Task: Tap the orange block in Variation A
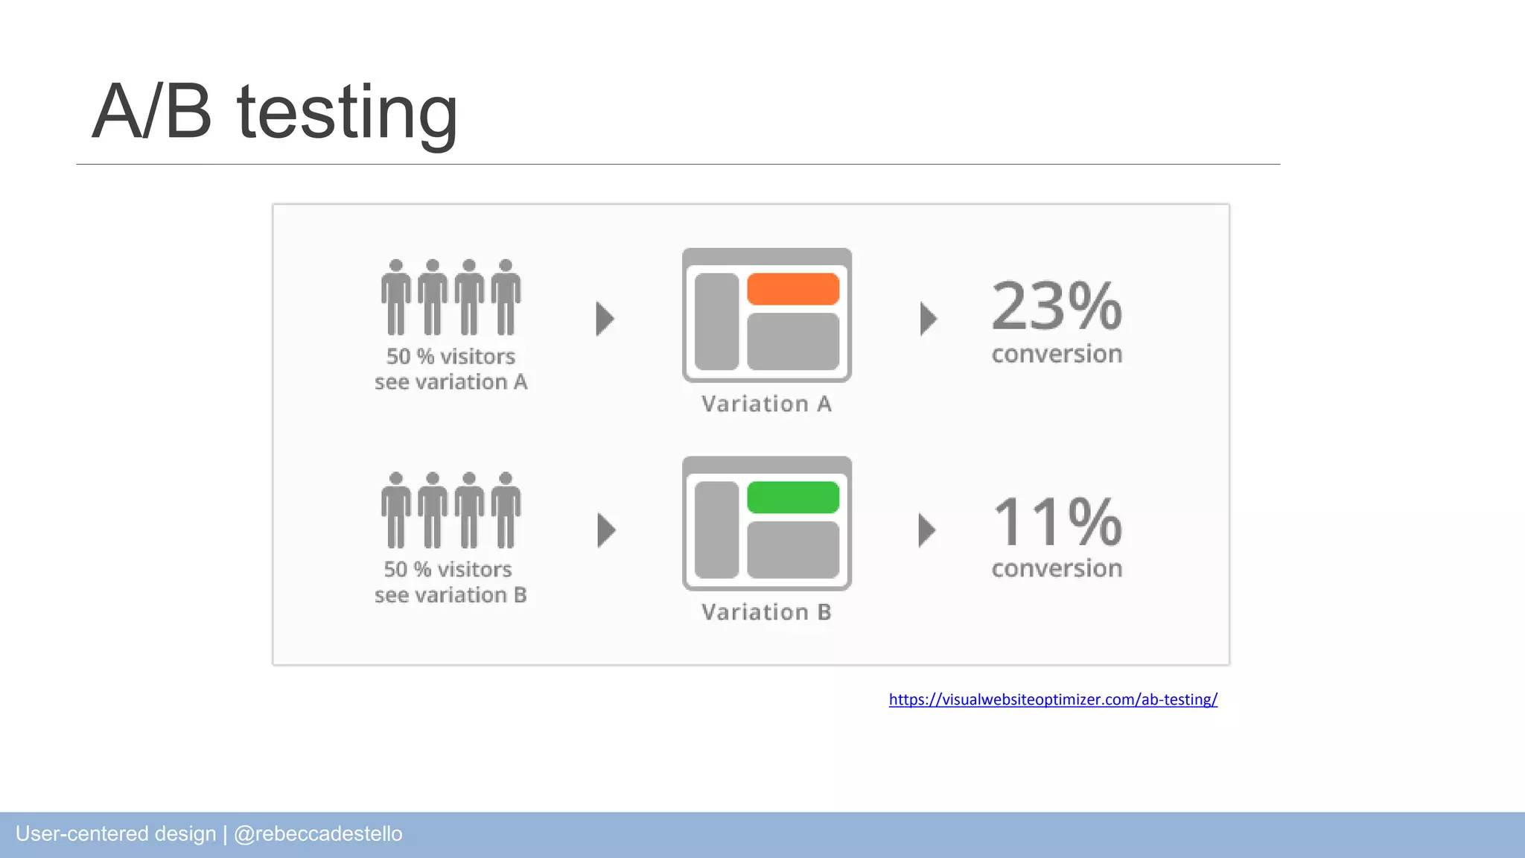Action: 793,289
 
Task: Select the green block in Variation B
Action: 793,498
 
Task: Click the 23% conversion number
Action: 1057,306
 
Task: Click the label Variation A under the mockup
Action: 766,404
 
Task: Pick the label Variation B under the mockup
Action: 766,612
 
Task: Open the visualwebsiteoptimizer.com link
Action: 1053,699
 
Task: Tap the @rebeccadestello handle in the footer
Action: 318,834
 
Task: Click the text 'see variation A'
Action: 451,382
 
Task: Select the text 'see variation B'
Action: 451,595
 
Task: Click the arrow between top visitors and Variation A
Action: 605,319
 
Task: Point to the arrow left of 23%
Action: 928,319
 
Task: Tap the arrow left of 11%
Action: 926,530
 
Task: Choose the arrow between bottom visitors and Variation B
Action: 607,530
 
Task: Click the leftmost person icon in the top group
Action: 396,297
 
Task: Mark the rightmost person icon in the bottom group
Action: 506,510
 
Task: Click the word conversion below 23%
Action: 1057,355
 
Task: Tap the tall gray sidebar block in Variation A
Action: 716,322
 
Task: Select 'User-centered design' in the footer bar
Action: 115,834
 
